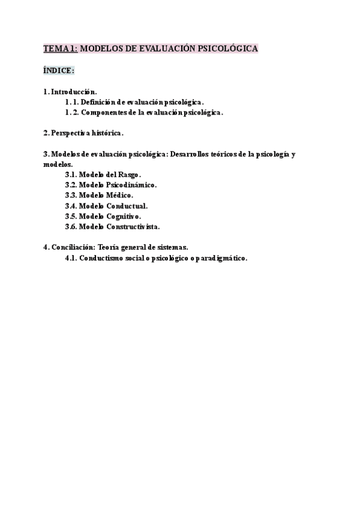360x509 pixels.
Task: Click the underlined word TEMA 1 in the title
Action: (x=60, y=49)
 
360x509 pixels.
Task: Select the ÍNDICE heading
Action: (x=58, y=71)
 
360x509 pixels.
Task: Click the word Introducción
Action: (x=74, y=92)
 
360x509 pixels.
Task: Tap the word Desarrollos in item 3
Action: (x=194, y=154)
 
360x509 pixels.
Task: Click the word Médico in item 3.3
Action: (x=119, y=194)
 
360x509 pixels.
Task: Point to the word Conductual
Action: (x=127, y=205)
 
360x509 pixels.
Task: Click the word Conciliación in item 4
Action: (x=74, y=247)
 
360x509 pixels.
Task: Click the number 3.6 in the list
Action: (x=71, y=226)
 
